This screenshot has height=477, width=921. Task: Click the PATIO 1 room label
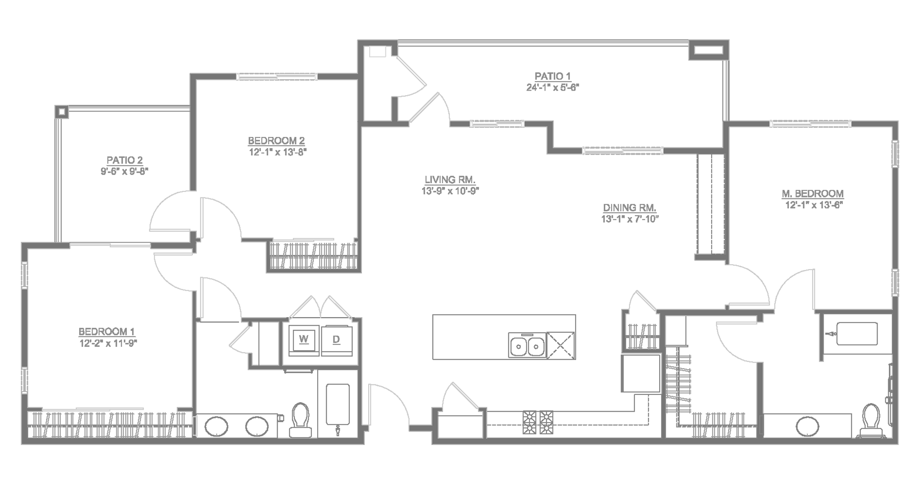552,76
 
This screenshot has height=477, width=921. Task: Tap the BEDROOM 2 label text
276,141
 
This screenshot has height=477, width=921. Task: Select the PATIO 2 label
124,160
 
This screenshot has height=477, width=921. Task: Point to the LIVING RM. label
450,180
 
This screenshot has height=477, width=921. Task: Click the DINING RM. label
630,208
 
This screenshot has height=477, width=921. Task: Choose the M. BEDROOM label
812,194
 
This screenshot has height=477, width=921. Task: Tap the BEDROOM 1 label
106,332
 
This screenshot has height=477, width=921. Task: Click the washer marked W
304,339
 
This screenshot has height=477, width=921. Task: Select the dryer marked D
336,339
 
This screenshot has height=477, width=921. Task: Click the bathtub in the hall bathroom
338,404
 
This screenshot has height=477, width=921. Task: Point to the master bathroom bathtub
857,334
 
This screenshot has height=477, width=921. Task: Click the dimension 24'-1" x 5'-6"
552,87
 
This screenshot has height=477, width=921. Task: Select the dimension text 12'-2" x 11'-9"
108,342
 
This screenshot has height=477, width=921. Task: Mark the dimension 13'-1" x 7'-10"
630,219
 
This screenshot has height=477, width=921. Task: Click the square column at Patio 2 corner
62,112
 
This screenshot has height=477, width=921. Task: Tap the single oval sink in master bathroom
808,426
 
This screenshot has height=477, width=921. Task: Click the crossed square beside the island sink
561,345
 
